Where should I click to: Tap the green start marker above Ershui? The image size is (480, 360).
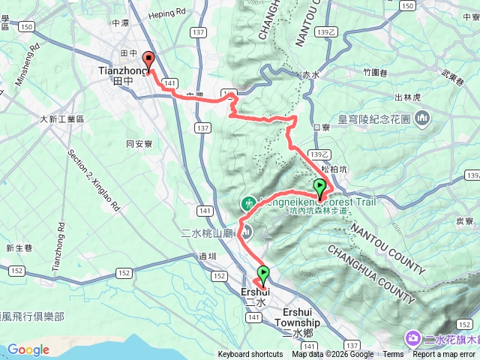[263, 274]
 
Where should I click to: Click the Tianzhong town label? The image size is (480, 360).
[119, 70]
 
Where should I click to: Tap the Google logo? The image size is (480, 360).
[28, 349]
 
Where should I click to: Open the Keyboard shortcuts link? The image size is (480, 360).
[250, 355]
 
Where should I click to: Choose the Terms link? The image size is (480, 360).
[393, 355]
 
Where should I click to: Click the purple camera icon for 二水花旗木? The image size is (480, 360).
[413, 339]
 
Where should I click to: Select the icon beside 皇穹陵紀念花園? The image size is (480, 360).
[422, 118]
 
